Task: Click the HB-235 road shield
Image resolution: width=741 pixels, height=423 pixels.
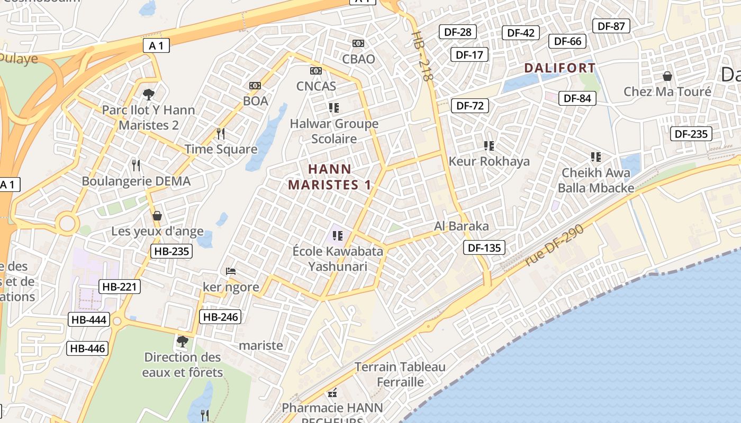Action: click(x=171, y=251)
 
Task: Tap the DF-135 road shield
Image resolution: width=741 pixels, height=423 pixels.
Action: click(x=484, y=247)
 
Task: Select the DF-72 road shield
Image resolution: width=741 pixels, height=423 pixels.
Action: click(x=470, y=106)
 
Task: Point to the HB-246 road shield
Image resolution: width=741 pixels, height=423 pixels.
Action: click(x=220, y=317)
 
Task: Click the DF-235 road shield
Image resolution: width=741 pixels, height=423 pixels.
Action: click(x=691, y=134)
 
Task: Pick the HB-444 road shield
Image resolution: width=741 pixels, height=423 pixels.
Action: click(x=89, y=320)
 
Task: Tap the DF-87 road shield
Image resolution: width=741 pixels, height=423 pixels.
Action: click(x=611, y=26)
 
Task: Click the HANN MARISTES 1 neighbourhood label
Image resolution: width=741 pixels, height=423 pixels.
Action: click(x=329, y=177)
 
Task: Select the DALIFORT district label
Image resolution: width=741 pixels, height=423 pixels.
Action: click(x=560, y=68)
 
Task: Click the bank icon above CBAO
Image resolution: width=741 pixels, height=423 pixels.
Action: click(x=358, y=43)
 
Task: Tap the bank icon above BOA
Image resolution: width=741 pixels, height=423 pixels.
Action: click(x=255, y=86)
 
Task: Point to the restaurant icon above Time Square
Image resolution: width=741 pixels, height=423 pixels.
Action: click(x=221, y=133)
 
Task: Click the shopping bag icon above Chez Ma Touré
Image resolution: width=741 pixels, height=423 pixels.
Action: click(x=667, y=76)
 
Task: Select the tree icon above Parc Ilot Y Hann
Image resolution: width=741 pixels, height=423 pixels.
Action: click(x=149, y=94)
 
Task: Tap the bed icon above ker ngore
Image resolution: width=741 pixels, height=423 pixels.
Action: click(x=231, y=271)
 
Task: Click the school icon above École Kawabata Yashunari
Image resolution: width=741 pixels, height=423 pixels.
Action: click(x=338, y=235)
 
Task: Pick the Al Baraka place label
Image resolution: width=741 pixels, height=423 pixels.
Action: click(x=462, y=226)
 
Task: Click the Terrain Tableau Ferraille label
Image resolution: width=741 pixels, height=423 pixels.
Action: click(x=400, y=374)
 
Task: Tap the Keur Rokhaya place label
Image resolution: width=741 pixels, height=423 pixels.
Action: click(x=489, y=161)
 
